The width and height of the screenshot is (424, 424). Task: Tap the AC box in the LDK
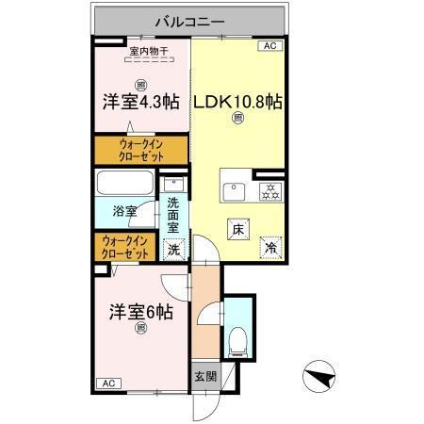(x=269, y=45)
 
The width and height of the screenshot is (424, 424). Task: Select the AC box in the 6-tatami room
(x=108, y=383)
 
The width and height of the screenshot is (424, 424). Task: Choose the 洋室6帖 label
(x=140, y=310)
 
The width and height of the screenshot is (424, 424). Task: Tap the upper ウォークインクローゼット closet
(x=140, y=150)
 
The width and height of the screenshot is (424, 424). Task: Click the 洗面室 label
(x=173, y=214)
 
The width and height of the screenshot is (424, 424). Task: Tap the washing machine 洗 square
(x=173, y=250)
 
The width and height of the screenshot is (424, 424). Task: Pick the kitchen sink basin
(x=233, y=190)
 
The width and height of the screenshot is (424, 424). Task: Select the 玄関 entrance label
(x=204, y=376)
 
